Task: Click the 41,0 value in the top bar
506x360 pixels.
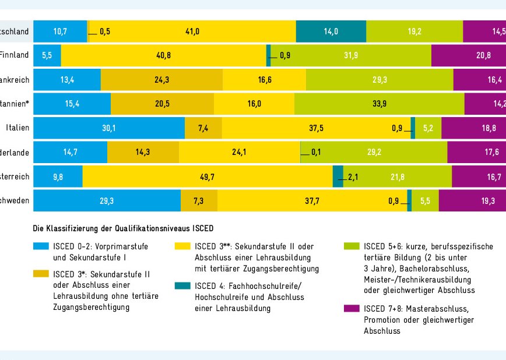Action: pyautogui.click(x=192, y=31)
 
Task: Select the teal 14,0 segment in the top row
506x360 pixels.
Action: pyautogui.click(x=331, y=31)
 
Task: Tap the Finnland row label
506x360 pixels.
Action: pyautogui.click(x=15, y=56)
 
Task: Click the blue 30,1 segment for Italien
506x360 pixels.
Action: pyautogui.click(x=109, y=129)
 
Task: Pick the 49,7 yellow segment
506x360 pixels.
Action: pyautogui.click(x=208, y=177)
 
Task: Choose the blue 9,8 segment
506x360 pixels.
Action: pyautogui.click(x=58, y=177)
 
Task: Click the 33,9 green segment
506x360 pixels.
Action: pyautogui.click(x=379, y=104)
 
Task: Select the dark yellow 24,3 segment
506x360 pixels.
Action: pyautogui.click(x=161, y=80)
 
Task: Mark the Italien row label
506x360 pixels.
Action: pyautogui.click(x=17, y=129)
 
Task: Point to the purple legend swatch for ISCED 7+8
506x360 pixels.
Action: pyautogui.click(x=352, y=308)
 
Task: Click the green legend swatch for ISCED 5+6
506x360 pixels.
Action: pyautogui.click(x=352, y=246)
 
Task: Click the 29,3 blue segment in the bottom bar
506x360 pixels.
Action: pyautogui.click(x=107, y=201)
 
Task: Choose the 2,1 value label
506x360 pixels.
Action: pyautogui.click(x=353, y=177)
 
